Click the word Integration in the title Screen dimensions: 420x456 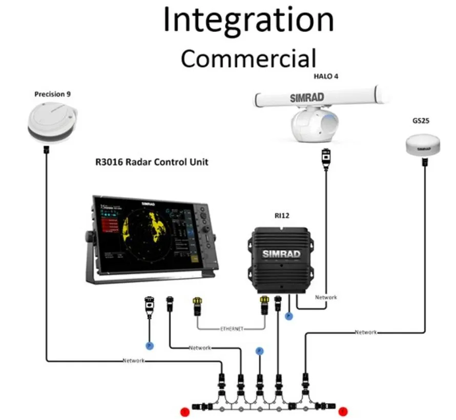click(x=248, y=20)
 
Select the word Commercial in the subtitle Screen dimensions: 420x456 click(x=248, y=58)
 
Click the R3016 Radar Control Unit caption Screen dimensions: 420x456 click(x=152, y=162)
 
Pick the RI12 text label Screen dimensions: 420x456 click(x=281, y=216)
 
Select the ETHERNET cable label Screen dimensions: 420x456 click(x=232, y=328)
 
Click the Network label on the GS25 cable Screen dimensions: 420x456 click(x=366, y=332)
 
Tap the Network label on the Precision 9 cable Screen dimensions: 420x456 click(x=133, y=361)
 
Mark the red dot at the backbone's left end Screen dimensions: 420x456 click(x=185, y=411)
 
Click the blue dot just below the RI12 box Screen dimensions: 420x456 click(x=288, y=317)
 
